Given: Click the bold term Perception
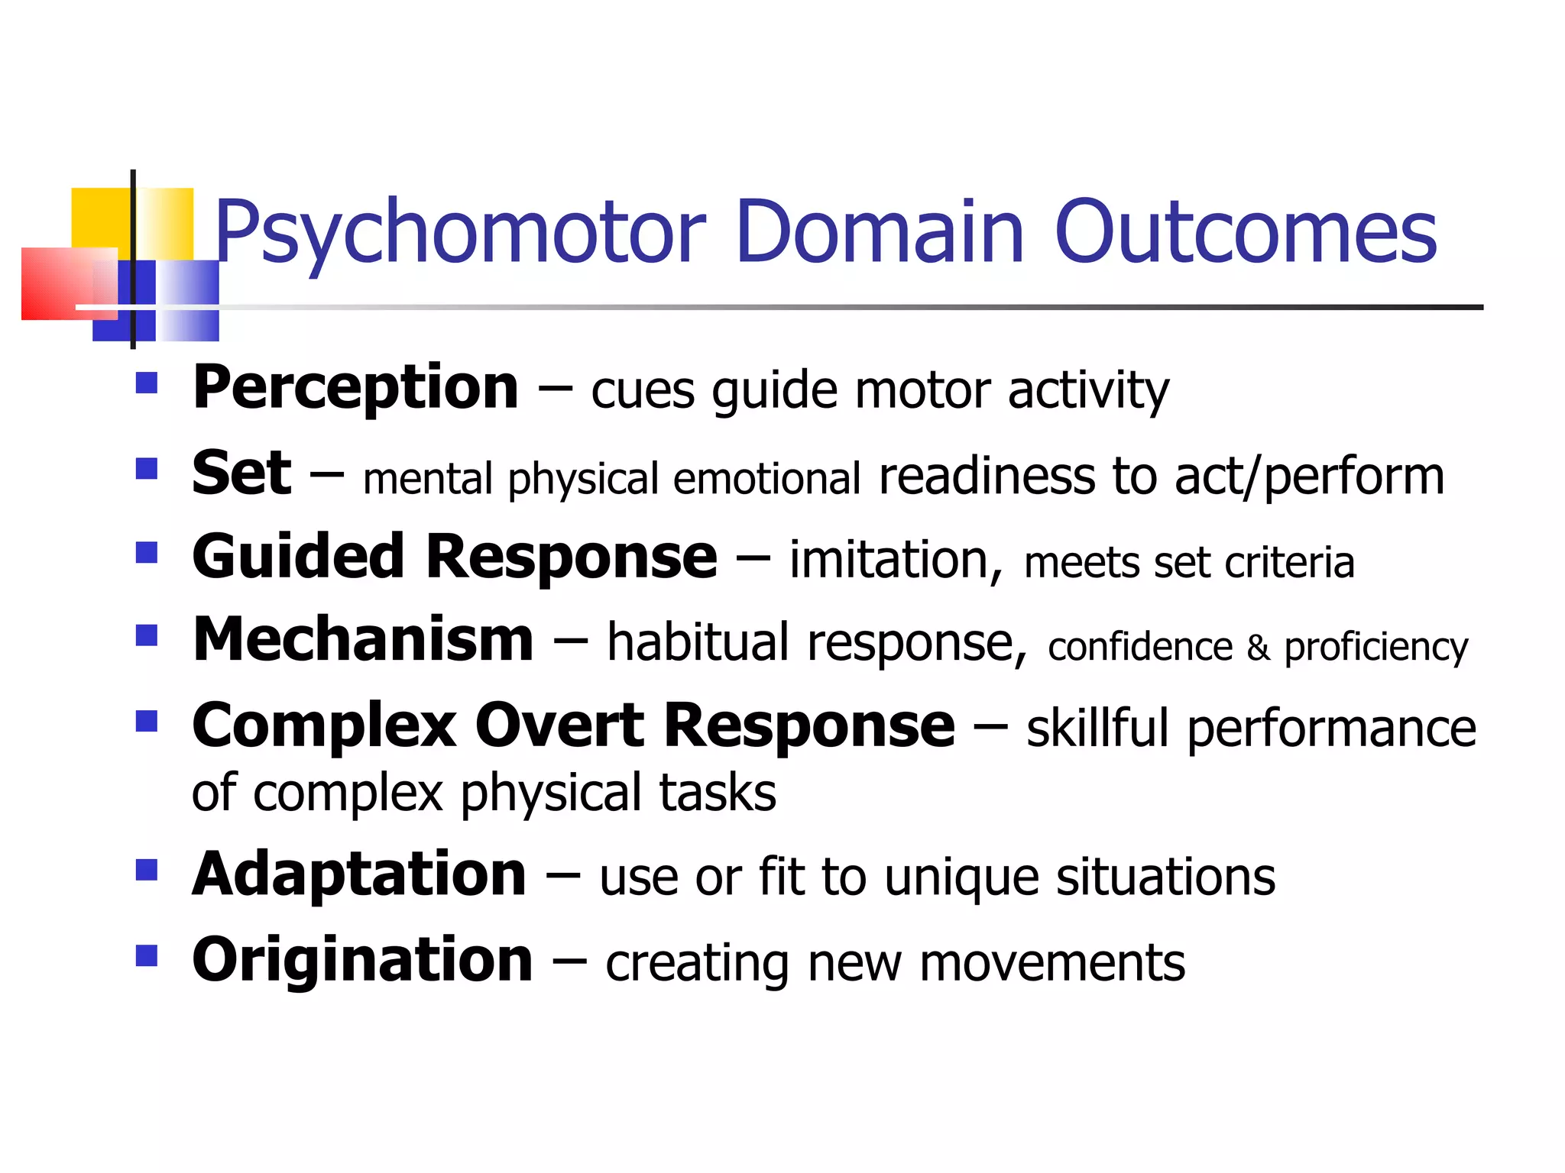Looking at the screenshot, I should [x=355, y=388].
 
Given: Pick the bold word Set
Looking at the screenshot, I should [x=241, y=473].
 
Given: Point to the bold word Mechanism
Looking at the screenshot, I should [x=363, y=640].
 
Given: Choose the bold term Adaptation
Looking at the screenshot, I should [x=359, y=874].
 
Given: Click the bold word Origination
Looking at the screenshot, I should [x=362, y=960].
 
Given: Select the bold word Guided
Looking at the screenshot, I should [x=298, y=557].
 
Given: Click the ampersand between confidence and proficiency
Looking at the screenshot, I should [x=1258, y=648].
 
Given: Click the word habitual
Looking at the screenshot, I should [x=697, y=642].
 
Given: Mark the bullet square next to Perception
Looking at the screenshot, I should [x=146, y=383].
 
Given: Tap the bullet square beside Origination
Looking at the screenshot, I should [x=146, y=955].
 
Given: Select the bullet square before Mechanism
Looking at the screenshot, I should [x=146, y=635].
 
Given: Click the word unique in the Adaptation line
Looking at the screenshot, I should [x=961, y=877].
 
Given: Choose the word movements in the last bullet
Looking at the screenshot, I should [x=1052, y=963].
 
